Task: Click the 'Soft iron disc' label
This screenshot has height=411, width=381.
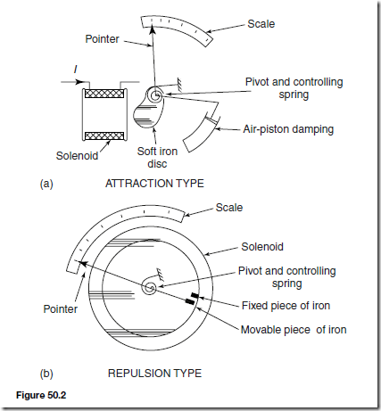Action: tap(157, 158)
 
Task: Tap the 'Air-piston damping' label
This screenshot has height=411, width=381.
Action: tap(288, 129)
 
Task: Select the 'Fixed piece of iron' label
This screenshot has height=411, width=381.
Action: tap(286, 306)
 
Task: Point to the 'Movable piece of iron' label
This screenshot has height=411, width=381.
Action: tap(294, 330)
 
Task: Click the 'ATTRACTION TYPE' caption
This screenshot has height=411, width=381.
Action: tap(154, 184)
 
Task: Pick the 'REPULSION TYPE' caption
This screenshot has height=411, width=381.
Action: tap(154, 374)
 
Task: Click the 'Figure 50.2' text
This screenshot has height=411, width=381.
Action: tap(41, 395)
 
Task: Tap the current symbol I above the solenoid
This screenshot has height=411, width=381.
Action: tap(76, 70)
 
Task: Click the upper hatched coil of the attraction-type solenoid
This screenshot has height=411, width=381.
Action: tap(104, 94)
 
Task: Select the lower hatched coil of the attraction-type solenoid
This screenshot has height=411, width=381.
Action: tap(104, 136)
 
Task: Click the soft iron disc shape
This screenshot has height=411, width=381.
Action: tap(148, 111)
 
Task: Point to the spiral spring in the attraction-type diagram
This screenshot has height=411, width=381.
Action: tap(155, 95)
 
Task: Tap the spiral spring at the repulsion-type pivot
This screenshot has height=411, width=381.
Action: tap(149, 286)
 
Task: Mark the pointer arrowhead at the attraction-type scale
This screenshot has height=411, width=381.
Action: tap(153, 29)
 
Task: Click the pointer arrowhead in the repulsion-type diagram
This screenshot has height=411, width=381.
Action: tap(83, 263)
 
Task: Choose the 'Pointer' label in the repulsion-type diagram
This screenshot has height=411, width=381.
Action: tap(61, 309)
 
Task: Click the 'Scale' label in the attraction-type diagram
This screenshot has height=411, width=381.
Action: tap(261, 24)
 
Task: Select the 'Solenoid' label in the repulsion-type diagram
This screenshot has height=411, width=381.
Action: tap(262, 247)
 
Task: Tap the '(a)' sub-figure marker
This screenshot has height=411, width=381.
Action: tap(46, 184)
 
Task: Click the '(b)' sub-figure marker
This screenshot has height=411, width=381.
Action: tap(46, 374)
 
